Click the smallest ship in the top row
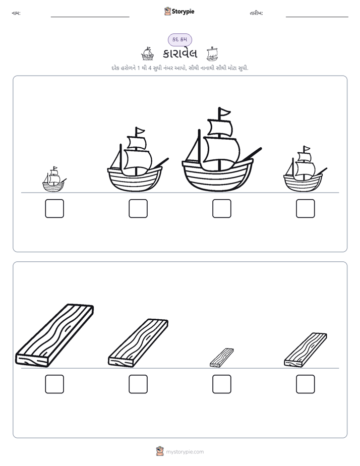tap(54, 180)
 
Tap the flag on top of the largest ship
tap(224, 112)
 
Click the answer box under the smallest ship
tap(54, 208)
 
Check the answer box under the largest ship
tap(221, 208)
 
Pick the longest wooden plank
tap(54, 335)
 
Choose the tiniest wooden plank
tap(221, 358)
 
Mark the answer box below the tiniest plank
tap(221, 384)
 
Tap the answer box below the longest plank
tap(54, 384)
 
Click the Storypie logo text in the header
tap(183, 12)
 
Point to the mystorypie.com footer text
tap(185, 452)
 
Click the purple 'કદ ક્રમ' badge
tap(179, 39)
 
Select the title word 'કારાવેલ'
tap(180, 53)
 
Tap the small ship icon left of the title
tap(147, 53)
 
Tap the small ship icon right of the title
tap(212, 53)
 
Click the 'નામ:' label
tap(16, 13)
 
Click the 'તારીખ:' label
tap(256, 13)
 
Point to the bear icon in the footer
tap(160, 451)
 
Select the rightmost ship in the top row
tap(305, 169)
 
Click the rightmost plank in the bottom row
tap(306, 350)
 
